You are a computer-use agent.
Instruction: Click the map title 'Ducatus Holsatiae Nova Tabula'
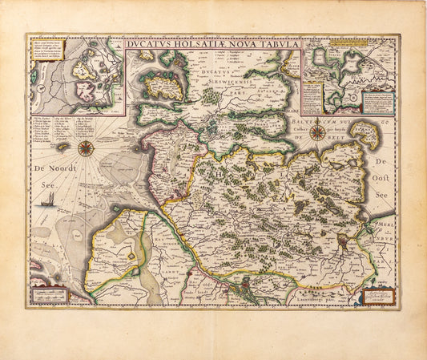213,44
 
